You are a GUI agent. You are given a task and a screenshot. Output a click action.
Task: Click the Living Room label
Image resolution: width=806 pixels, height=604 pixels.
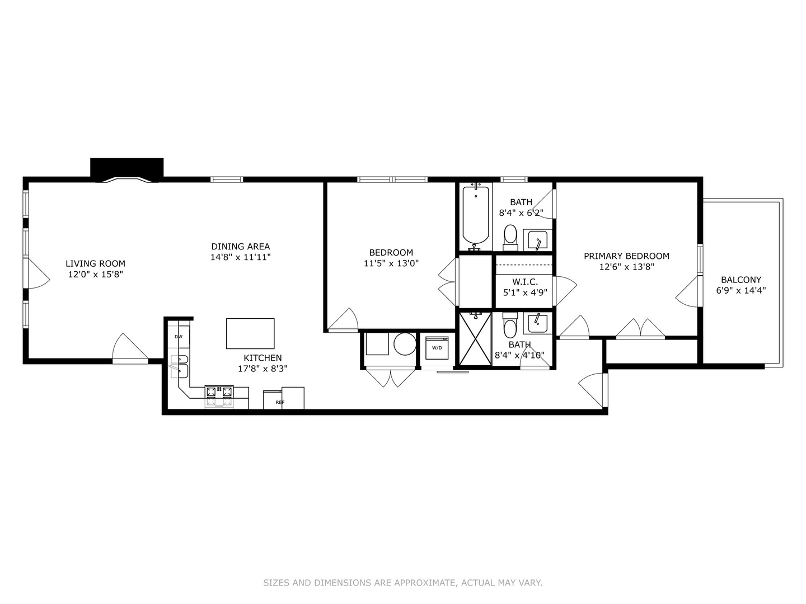click(x=95, y=263)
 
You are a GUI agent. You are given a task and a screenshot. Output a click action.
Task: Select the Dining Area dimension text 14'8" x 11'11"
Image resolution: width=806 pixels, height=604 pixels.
click(x=240, y=257)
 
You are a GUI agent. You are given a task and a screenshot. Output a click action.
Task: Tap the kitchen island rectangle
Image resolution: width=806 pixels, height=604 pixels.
click(x=250, y=333)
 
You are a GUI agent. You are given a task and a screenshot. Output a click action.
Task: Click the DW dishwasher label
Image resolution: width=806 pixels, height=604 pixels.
click(x=179, y=337)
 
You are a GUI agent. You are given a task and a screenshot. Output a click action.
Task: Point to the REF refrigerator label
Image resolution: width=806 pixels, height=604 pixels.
click(x=280, y=402)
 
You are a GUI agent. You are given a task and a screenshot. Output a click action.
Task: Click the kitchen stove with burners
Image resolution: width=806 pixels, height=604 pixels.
click(x=219, y=396)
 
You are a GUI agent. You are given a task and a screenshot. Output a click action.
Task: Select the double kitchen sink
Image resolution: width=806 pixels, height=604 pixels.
click(x=180, y=365)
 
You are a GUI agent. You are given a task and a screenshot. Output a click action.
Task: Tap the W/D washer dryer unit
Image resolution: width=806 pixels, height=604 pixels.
click(x=437, y=347)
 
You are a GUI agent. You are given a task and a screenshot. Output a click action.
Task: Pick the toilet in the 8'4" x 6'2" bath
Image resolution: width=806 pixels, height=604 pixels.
click(x=510, y=237)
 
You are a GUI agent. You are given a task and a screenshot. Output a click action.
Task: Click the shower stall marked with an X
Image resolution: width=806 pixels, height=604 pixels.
click(x=475, y=339)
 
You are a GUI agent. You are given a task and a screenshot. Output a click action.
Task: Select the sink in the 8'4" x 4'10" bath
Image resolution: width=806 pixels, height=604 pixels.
click(x=537, y=323)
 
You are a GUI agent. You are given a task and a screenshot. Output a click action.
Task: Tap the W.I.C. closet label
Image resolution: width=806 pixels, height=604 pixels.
click(x=525, y=282)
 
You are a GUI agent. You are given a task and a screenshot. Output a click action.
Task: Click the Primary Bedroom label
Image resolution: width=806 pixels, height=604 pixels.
click(x=626, y=256)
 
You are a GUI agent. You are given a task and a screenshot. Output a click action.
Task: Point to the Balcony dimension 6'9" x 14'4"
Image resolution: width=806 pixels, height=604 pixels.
click(x=741, y=290)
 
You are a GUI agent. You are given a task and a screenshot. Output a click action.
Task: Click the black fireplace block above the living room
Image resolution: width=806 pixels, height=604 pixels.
click(x=127, y=168)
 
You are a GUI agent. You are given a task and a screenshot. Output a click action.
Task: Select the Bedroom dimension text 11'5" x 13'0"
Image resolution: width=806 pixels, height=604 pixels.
click(x=391, y=263)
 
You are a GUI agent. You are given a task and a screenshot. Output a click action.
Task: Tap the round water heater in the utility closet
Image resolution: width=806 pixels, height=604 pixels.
click(x=405, y=344)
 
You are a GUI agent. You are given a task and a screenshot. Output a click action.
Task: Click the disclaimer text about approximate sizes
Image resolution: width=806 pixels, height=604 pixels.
click(x=402, y=583)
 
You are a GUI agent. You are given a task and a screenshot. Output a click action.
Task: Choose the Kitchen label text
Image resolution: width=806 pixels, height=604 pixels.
click(x=263, y=358)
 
